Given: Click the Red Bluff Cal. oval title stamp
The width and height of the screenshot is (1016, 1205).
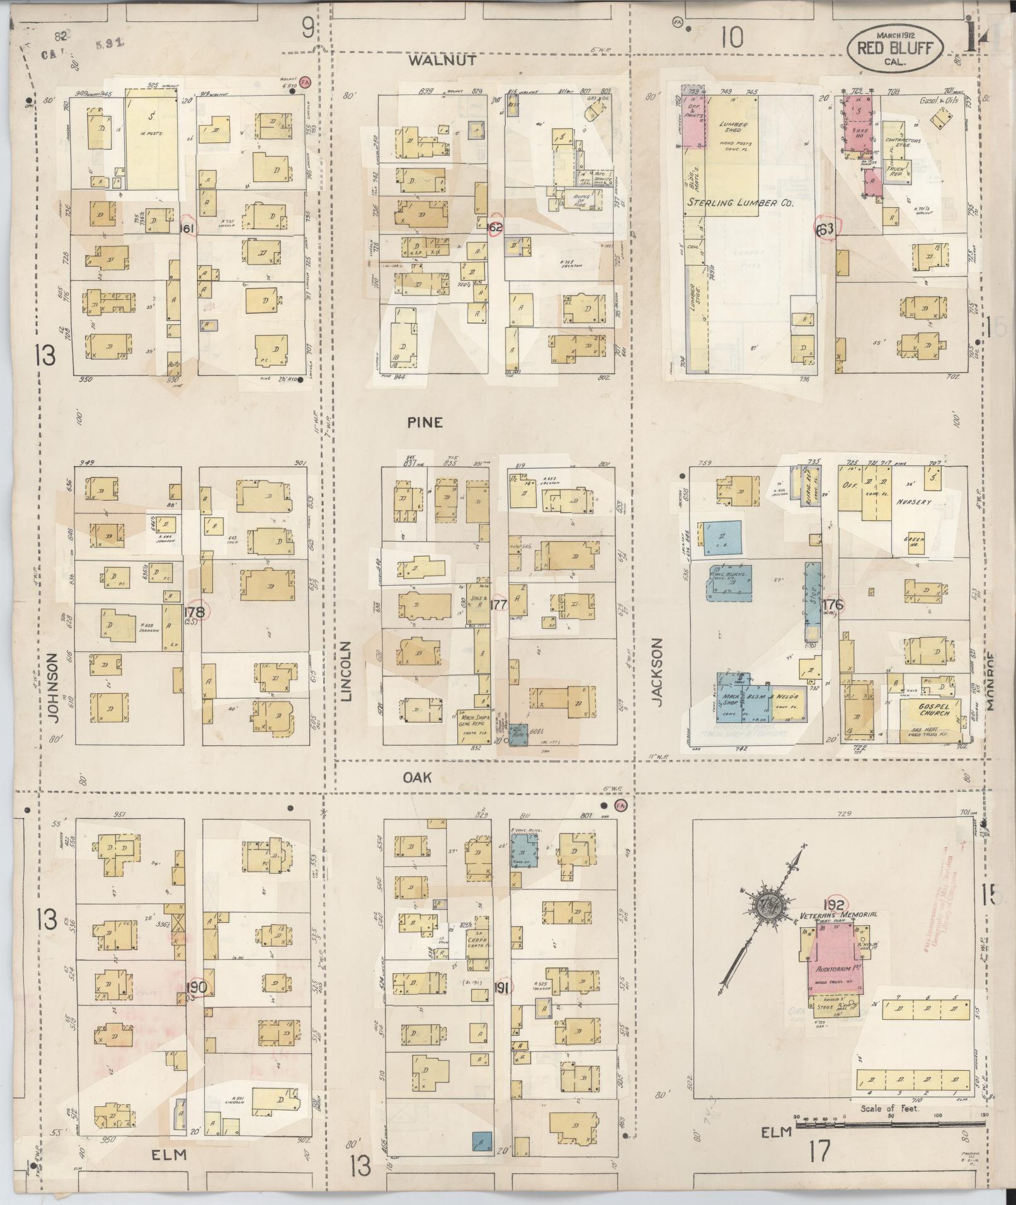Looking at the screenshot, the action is pos(895,50).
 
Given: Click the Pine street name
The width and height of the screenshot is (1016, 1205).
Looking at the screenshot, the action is pos(424,422).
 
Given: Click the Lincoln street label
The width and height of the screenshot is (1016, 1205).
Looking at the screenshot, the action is pos(345,670).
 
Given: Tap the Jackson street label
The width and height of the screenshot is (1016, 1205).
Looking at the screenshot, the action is pos(656,672).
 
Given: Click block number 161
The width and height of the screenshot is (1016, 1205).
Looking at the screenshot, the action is pos(187,228).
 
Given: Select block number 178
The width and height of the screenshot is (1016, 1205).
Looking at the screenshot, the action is pos(195,611).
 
